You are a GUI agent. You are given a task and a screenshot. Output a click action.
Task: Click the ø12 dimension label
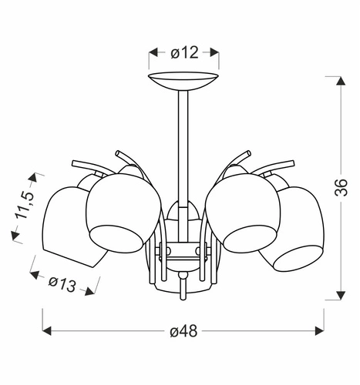click(x=184, y=53)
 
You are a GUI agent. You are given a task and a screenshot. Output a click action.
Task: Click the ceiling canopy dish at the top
click(x=183, y=80)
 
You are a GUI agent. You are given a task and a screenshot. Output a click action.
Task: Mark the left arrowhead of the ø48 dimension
click(x=45, y=330)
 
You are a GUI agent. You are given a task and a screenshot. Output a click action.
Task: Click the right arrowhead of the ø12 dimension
click(x=216, y=53)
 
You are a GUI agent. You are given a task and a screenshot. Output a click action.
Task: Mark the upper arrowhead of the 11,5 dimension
click(x=32, y=177)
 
